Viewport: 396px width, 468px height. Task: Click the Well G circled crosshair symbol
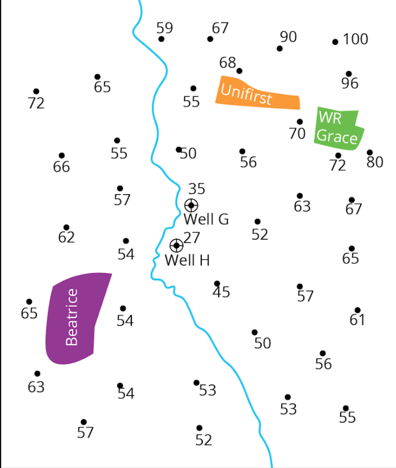tap(191, 205)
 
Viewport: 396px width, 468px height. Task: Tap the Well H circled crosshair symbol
tap(176, 245)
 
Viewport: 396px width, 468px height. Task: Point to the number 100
tap(356, 39)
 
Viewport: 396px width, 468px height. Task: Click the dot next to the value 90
tap(280, 48)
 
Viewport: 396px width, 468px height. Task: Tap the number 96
tap(350, 84)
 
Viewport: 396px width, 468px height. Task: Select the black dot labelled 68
tap(239, 71)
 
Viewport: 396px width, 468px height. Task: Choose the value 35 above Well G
tap(197, 188)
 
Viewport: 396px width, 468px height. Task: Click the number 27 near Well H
tap(192, 237)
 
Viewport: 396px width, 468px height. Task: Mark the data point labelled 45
tap(217, 284)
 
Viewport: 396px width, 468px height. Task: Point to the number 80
tap(375, 162)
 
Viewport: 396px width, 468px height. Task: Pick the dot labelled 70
tap(300, 122)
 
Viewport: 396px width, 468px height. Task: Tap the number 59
tap(165, 28)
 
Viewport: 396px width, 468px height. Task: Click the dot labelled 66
tap(62, 156)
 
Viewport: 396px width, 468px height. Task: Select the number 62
tap(67, 237)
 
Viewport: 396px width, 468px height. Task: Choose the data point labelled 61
tap(358, 310)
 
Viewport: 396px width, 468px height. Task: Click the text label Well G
tap(206, 219)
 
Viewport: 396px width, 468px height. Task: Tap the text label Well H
tap(187, 260)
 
